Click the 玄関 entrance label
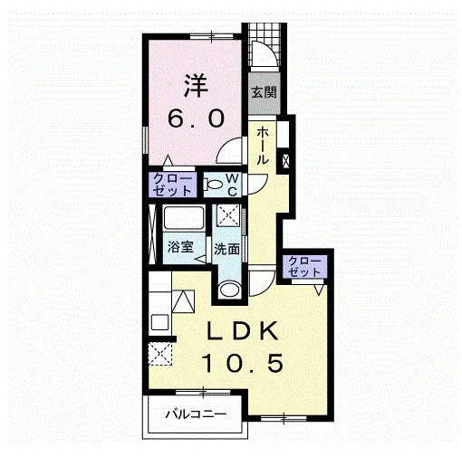264,92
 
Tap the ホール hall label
262,146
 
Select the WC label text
232,185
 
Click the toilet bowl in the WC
214,184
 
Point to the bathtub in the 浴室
183,218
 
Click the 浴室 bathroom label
180,247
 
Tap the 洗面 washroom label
226,249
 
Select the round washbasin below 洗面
229,290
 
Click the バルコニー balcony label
196,414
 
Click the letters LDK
242,331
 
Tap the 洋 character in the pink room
196,86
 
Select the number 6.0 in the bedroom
196,118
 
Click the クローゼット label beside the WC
172,185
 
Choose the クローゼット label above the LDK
304,266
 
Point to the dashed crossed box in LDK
160,354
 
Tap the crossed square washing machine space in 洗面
228,215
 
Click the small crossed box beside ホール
285,161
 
